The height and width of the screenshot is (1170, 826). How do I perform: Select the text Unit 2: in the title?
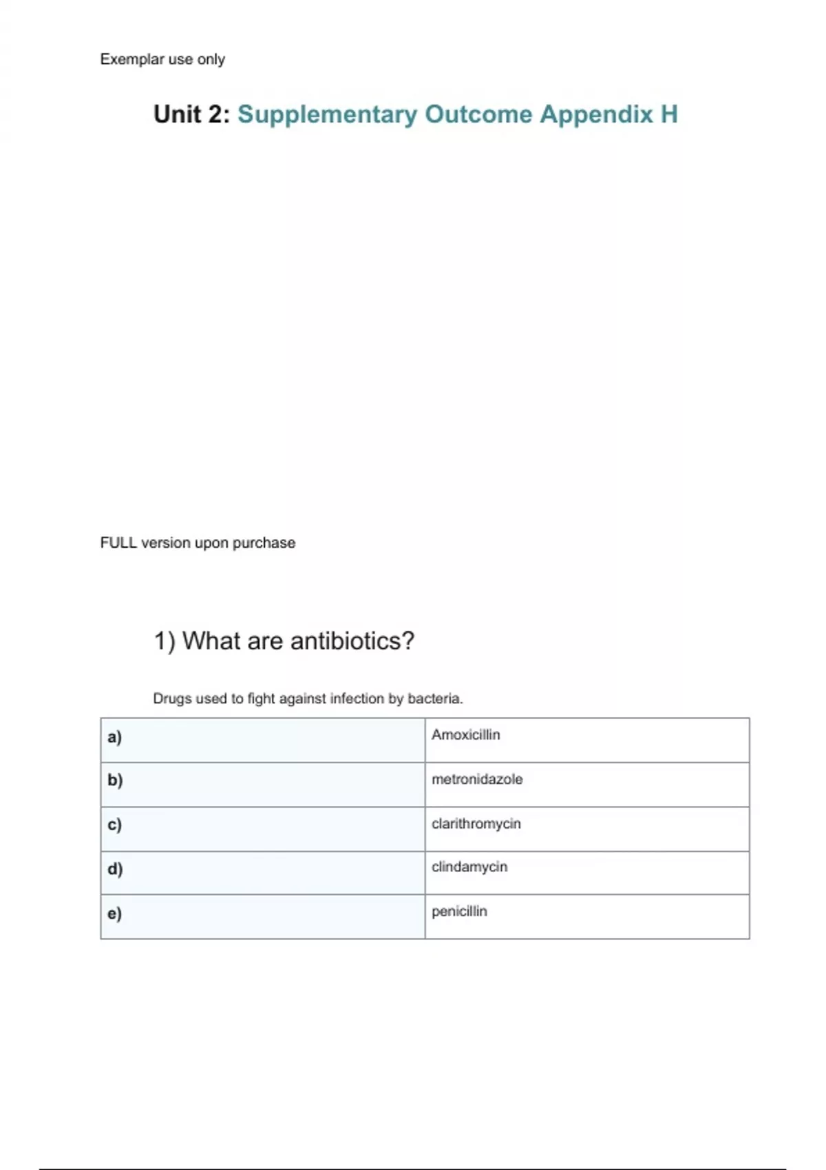(x=191, y=114)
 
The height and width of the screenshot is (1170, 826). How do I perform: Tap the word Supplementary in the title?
(x=327, y=114)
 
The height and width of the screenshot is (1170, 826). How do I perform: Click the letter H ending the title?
(x=669, y=114)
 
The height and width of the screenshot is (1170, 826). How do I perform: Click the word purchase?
(x=264, y=543)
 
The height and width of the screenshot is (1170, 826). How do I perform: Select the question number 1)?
(x=165, y=641)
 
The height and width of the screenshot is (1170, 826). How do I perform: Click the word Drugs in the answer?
(x=172, y=699)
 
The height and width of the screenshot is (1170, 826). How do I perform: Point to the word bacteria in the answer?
(x=434, y=699)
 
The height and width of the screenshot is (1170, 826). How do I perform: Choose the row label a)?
(x=114, y=737)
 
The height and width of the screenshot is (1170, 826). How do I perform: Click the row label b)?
(x=115, y=780)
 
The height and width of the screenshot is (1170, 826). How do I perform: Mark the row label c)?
(x=114, y=825)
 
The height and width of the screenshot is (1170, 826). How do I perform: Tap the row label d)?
(x=115, y=869)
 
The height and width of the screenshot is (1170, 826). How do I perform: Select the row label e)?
(x=114, y=913)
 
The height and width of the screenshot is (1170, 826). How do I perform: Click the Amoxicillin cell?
(x=466, y=735)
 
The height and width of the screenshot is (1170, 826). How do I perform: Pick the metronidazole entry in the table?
(x=477, y=779)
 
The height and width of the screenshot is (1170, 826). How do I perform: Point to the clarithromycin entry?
(x=476, y=824)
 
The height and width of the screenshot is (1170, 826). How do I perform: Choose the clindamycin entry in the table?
(x=469, y=867)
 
